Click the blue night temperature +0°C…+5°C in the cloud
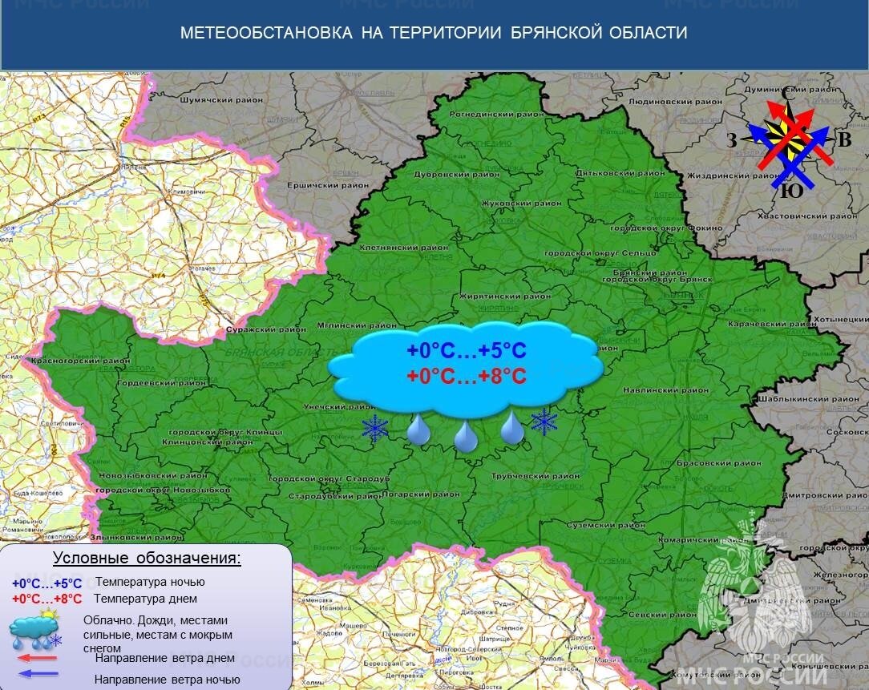pos(466,351)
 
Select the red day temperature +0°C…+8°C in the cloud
pos(466,375)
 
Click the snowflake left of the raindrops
pos(374,429)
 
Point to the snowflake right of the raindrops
pos(544,422)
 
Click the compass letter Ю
pos(790,192)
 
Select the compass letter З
pos(732,141)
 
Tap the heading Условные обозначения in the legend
pos(147,559)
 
